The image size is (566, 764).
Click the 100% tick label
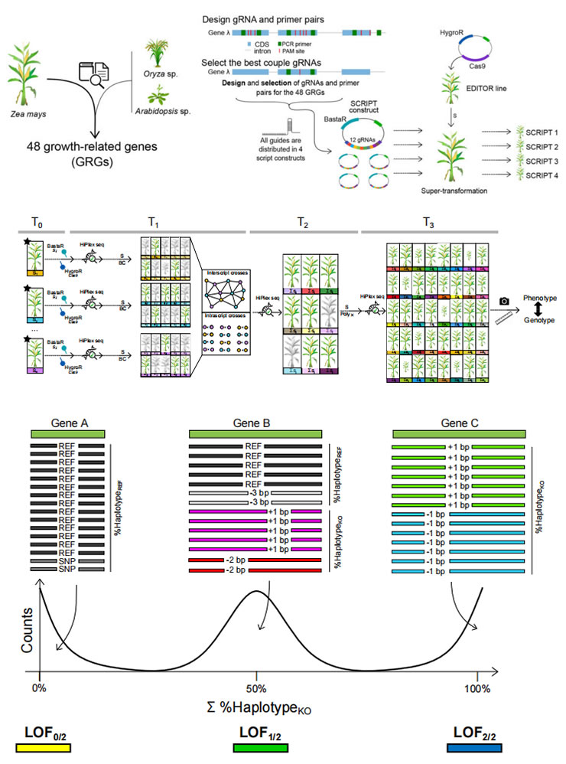tap(477, 687)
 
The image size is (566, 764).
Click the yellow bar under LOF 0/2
tap(47, 749)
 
